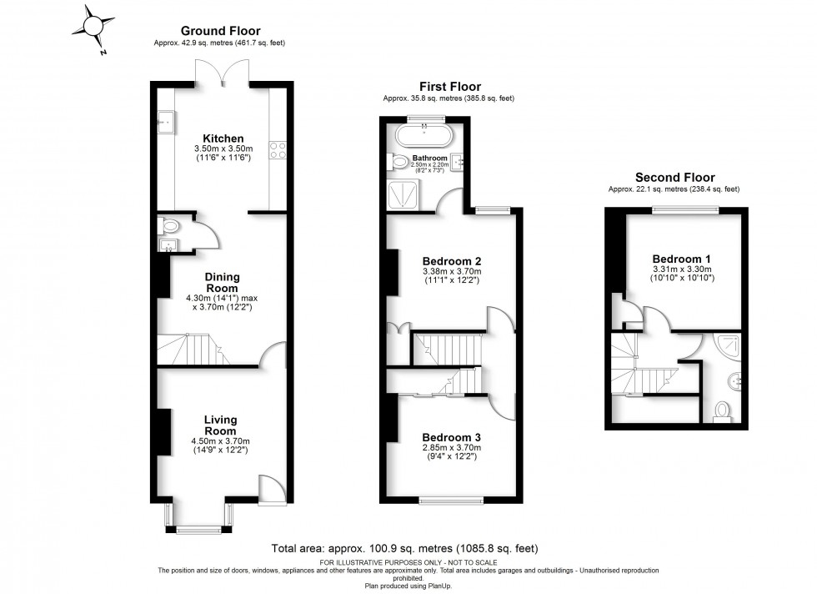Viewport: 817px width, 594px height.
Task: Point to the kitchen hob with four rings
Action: point(277,150)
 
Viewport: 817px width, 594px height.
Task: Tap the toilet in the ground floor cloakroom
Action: point(170,225)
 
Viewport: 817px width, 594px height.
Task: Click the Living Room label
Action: point(222,425)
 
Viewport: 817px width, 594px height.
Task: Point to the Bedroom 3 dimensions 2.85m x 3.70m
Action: point(452,448)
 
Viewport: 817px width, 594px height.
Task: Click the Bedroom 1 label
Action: point(682,259)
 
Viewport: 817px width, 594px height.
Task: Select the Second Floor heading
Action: point(674,177)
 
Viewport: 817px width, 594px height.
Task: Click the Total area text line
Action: point(404,549)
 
